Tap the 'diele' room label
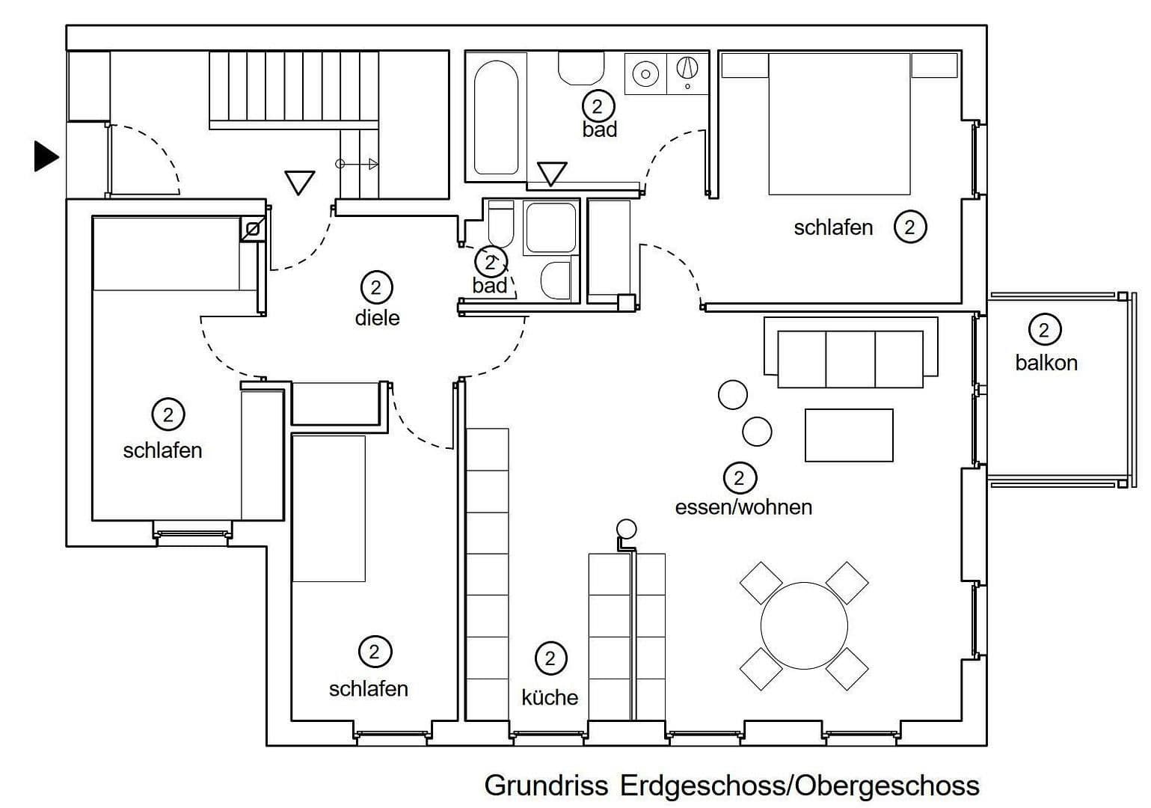[x=377, y=318]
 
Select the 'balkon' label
[x=1046, y=363]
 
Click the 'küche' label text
[x=550, y=697]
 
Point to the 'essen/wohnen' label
[x=743, y=507]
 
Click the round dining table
[x=804, y=625]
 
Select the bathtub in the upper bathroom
[x=496, y=117]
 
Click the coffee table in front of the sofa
[x=849, y=435]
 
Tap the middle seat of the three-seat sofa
[x=850, y=359]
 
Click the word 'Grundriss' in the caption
[x=547, y=786]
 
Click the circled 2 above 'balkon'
[x=1044, y=329]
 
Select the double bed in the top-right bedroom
[x=839, y=124]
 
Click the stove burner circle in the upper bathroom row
[x=645, y=73]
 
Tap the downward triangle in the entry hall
[x=299, y=182]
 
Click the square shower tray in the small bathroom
[x=550, y=227]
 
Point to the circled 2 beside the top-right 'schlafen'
[x=909, y=227]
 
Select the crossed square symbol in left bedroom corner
[x=252, y=229]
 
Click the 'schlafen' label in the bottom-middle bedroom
[x=368, y=688]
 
